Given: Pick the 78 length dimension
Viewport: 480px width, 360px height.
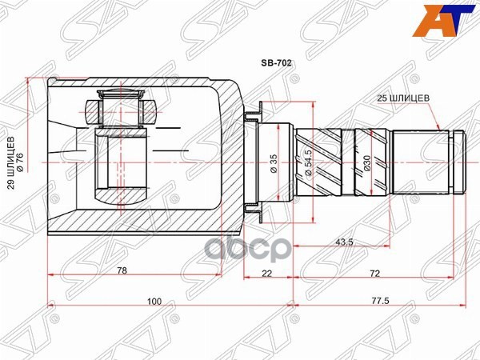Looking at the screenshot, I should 122,271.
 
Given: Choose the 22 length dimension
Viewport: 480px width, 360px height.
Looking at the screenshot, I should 266,273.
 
